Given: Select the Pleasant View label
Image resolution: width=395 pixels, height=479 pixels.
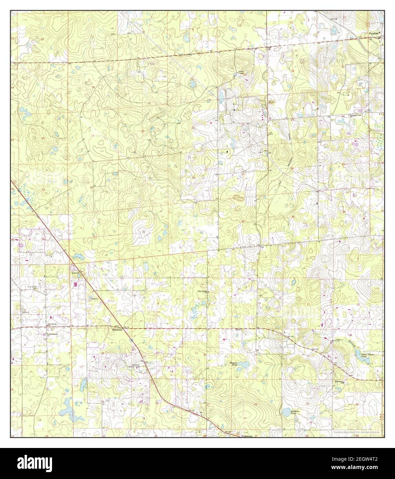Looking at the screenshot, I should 356,116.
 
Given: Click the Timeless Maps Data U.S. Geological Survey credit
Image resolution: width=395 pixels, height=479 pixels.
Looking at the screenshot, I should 357,432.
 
